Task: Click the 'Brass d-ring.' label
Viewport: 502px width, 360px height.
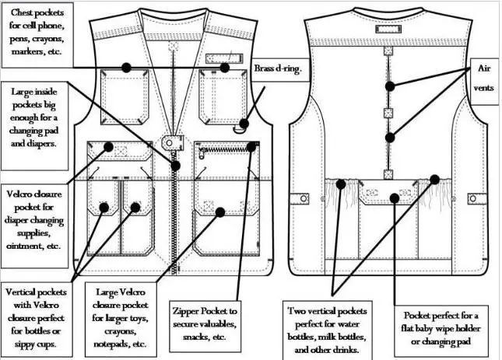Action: click(x=277, y=69)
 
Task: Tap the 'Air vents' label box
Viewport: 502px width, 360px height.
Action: click(x=483, y=79)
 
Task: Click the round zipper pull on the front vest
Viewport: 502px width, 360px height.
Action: click(x=170, y=144)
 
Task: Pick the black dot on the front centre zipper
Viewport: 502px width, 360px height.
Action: click(x=176, y=165)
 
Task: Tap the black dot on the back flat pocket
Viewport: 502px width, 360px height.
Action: click(x=395, y=197)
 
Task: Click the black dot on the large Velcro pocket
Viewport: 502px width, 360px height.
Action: click(x=220, y=210)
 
